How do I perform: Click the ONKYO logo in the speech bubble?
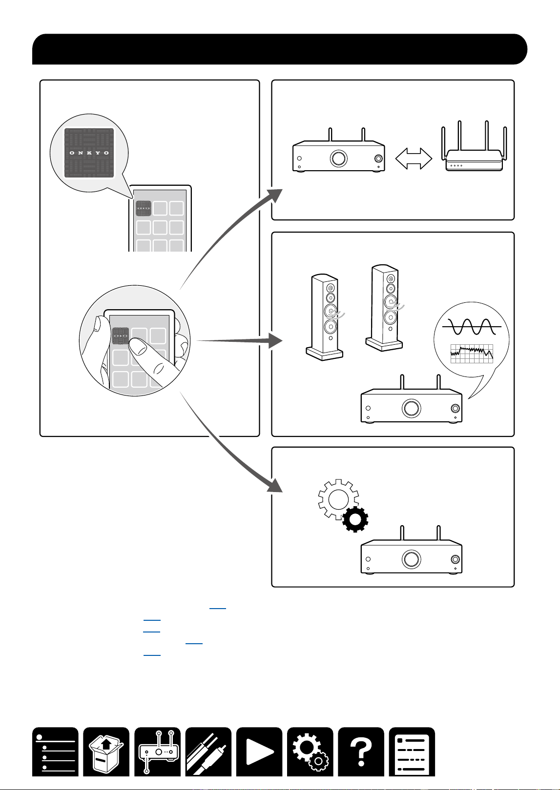89,153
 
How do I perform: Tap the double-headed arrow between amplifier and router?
414,158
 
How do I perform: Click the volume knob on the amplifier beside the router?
339,158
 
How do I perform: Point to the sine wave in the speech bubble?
472,327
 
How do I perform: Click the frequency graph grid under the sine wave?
472,354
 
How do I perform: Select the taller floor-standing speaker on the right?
385,308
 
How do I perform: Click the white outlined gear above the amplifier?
338,499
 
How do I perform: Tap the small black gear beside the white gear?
355,519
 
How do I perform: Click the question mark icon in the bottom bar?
361,751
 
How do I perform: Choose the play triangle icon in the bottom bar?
259,751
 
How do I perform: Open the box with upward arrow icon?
106,751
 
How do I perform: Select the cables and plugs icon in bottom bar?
208,751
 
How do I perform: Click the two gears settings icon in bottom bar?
310,751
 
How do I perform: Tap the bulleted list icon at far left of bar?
56,751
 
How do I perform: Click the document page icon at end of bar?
412,751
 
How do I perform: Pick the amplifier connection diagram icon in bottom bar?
158,751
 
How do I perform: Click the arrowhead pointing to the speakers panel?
275,341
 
